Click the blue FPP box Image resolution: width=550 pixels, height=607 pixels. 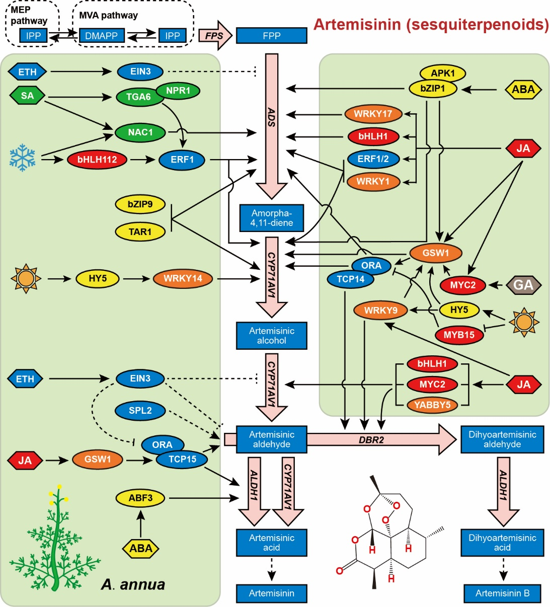click(271, 36)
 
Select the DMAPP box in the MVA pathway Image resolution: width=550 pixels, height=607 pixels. click(101, 36)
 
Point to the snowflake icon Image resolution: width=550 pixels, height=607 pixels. click(23, 157)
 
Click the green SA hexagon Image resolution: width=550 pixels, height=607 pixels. click(27, 96)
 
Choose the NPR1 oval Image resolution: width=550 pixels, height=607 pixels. click(178, 91)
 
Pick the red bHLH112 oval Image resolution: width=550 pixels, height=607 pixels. click(97, 160)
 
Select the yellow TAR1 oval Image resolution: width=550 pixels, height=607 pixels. click(140, 232)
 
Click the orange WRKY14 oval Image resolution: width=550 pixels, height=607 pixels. click(183, 278)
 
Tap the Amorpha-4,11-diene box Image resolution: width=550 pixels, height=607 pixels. click(271, 218)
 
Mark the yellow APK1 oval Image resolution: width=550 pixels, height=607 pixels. click(442, 73)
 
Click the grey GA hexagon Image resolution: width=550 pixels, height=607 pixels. click(523, 285)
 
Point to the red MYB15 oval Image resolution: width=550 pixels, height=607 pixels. click(459, 335)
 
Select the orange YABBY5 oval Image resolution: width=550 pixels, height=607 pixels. click(432, 405)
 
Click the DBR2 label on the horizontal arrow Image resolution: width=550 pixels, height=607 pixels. click(371, 440)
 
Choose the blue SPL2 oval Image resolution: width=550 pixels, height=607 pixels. click(140, 411)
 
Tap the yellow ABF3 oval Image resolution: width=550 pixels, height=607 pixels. click(140, 498)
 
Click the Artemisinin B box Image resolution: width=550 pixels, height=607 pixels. click(502, 593)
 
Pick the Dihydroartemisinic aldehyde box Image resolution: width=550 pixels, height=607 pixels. click(502, 439)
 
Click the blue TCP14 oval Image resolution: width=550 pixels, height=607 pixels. click(350, 279)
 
